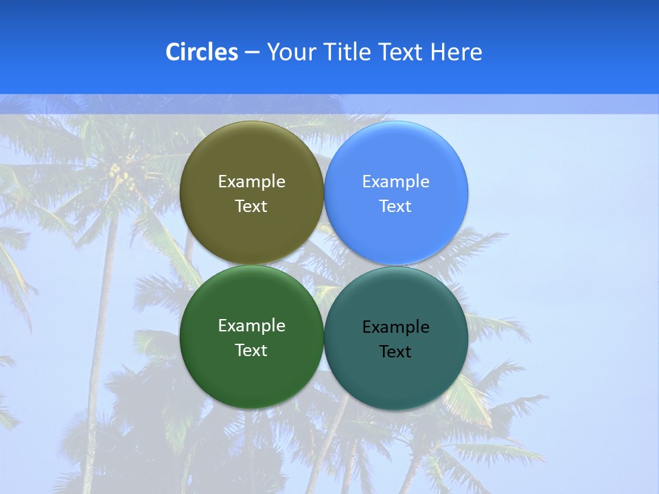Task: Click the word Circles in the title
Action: (201, 52)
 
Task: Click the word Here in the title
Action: (456, 52)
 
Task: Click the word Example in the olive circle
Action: (251, 182)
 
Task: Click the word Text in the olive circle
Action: (251, 207)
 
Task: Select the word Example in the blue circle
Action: (396, 182)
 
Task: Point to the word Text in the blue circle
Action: (396, 207)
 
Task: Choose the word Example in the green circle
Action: (251, 326)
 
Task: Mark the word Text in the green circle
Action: (251, 351)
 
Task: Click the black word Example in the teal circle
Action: (396, 327)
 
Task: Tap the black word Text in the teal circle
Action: (396, 352)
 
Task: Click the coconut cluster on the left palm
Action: (122, 176)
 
